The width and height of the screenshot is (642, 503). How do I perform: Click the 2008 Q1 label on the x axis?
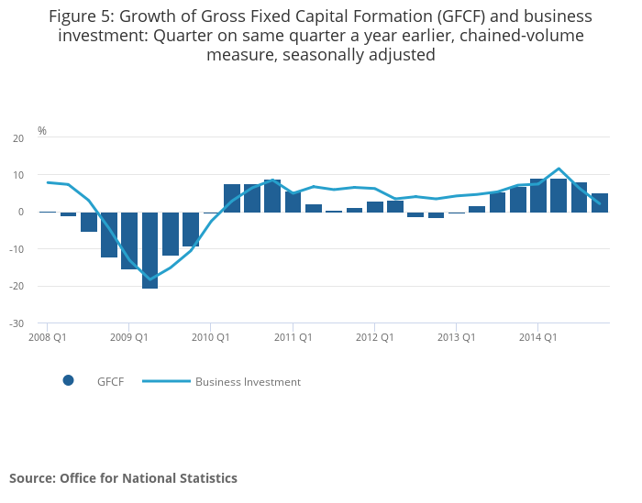point(47,337)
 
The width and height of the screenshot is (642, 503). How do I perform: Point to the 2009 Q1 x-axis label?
point(128,337)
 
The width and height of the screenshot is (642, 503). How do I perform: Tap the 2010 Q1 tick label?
point(210,337)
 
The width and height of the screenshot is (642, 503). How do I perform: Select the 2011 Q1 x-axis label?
point(293,337)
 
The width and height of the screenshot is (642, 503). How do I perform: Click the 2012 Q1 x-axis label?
point(374,337)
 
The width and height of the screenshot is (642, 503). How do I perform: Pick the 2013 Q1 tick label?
point(456,337)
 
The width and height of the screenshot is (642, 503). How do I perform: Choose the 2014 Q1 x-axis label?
point(538,337)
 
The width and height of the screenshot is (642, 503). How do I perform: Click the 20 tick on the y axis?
point(18,138)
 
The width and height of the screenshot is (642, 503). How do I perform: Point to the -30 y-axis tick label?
point(17,323)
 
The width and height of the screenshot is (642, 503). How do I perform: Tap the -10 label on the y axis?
point(17,249)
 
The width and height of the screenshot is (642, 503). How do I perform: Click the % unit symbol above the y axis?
point(42,131)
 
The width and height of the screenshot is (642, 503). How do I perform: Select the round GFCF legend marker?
point(68,381)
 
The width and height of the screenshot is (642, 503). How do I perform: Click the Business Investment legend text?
point(248,382)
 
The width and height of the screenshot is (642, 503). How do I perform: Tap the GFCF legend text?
point(110,382)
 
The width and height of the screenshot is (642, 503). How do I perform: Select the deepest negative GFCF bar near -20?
point(149,249)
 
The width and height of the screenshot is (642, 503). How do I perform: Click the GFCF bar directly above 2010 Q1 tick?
point(211,213)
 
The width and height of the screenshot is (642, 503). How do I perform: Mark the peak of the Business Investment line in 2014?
point(559,169)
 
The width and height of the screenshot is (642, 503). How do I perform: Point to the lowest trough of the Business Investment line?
point(150,279)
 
